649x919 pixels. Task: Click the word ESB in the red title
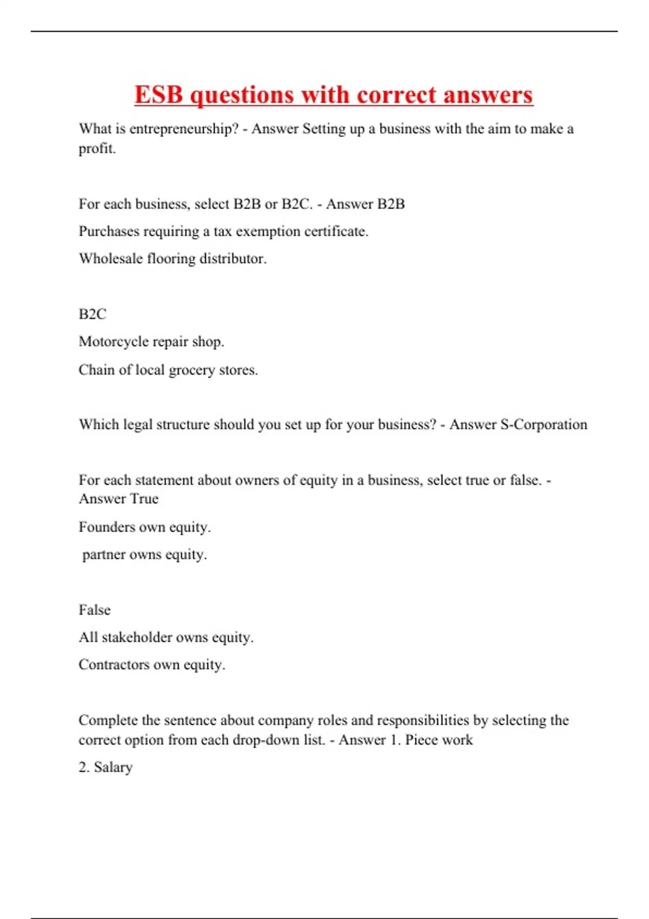coord(159,95)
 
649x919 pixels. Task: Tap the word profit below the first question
coord(96,149)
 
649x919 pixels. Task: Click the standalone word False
coord(95,610)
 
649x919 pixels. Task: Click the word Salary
coord(113,768)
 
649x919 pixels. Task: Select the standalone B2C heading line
coord(92,315)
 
